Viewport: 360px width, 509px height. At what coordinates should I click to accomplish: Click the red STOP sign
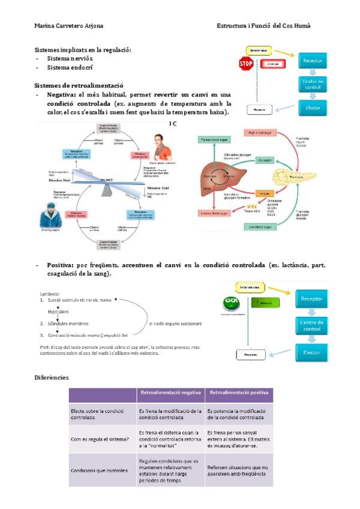(245, 64)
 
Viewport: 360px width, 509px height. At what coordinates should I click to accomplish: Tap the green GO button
(230, 303)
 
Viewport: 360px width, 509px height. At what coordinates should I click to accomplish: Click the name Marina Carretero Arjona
(68, 27)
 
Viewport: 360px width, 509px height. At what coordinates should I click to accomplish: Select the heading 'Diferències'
(52, 378)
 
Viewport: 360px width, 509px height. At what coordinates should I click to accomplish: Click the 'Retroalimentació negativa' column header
(170, 394)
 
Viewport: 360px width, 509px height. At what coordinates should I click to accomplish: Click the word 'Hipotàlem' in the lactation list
(61, 312)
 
